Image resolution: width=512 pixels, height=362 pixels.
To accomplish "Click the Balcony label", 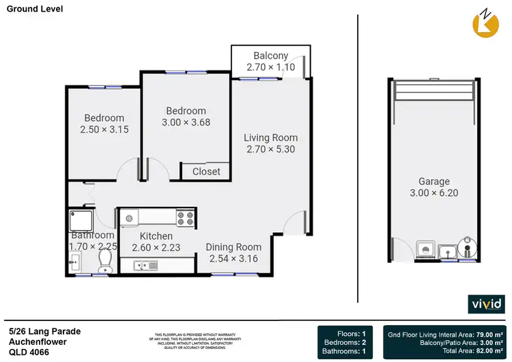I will (x=271, y=55).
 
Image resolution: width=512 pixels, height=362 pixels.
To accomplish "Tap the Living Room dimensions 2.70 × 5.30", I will (x=271, y=149).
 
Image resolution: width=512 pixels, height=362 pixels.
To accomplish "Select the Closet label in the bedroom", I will (x=206, y=171).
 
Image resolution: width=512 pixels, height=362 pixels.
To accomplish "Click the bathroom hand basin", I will (x=74, y=261).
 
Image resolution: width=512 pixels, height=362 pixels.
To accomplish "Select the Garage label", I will (x=434, y=181).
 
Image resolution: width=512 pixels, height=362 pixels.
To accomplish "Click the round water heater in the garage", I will (x=470, y=248).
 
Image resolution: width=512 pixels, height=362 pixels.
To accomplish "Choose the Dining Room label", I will (x=235, y=247).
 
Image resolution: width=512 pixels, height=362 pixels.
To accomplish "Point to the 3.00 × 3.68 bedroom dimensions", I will (x=186, y=123).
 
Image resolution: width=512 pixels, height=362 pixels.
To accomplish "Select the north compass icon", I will (x=486, y=21).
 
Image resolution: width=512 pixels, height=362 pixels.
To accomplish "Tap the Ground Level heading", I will (x=35, y=10).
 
